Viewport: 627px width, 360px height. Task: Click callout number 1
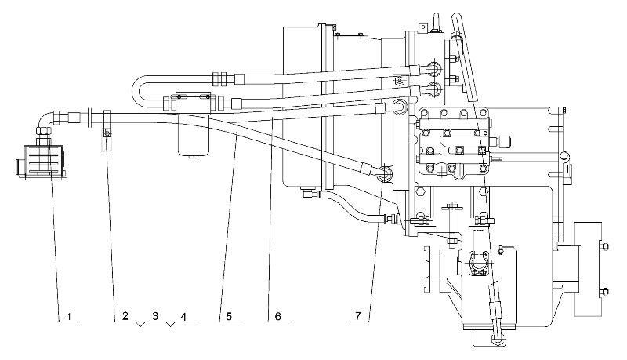69,317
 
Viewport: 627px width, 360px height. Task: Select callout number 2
125,316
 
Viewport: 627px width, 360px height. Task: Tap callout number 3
155,316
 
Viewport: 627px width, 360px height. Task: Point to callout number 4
183,317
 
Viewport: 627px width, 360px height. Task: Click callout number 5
229,317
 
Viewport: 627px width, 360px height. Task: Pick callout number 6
278,317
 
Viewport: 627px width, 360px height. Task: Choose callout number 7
358,316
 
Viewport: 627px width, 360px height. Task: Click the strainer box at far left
42,162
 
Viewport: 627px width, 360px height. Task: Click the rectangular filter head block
193,103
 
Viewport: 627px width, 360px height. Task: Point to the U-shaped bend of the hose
137,91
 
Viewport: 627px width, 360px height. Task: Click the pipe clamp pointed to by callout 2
107,130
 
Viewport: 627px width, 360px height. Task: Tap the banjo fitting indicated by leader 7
384,173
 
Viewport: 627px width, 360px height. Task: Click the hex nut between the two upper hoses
400,81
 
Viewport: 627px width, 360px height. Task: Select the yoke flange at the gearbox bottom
479,264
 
